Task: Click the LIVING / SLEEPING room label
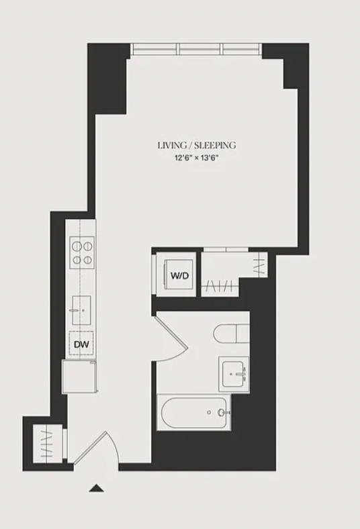click(197, 146)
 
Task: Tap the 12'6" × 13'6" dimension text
click(197, 158)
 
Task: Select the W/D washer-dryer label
click(179, 276)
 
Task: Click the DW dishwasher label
click(81, 344)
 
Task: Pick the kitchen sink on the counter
click(81, 310)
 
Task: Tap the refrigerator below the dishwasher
click(80, 377)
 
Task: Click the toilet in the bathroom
click(232, 334)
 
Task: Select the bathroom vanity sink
click(234, 374)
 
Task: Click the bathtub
click(194, 412)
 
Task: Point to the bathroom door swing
click(171, 338)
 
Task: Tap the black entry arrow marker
click(97, 488)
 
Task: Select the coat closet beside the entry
click(48, 443)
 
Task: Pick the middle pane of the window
click(199, 49)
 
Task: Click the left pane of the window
click(154, 49)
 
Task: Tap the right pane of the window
click(242, 49)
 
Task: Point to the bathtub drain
click(209, 412)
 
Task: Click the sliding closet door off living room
click(226, 249)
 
